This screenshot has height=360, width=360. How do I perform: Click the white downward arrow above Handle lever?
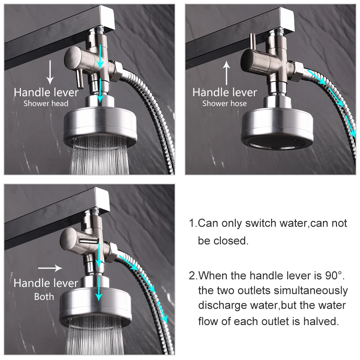coord(50,72)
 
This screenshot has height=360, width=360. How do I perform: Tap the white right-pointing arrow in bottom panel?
coord(50,268)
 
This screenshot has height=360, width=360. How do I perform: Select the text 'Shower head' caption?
coord(46,104)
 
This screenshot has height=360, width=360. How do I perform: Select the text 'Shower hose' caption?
coord(224,104)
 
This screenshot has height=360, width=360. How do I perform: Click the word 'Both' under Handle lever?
coord(44,297)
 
